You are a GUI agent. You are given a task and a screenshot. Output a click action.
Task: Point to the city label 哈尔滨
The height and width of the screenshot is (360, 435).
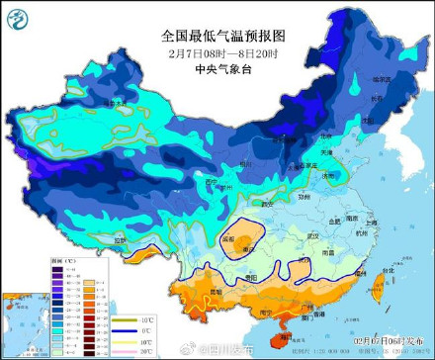[381, 78]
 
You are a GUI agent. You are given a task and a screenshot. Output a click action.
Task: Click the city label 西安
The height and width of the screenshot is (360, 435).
[263, 204]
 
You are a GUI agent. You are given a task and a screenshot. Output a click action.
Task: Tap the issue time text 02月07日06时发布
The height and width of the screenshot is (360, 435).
[391, 341]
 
